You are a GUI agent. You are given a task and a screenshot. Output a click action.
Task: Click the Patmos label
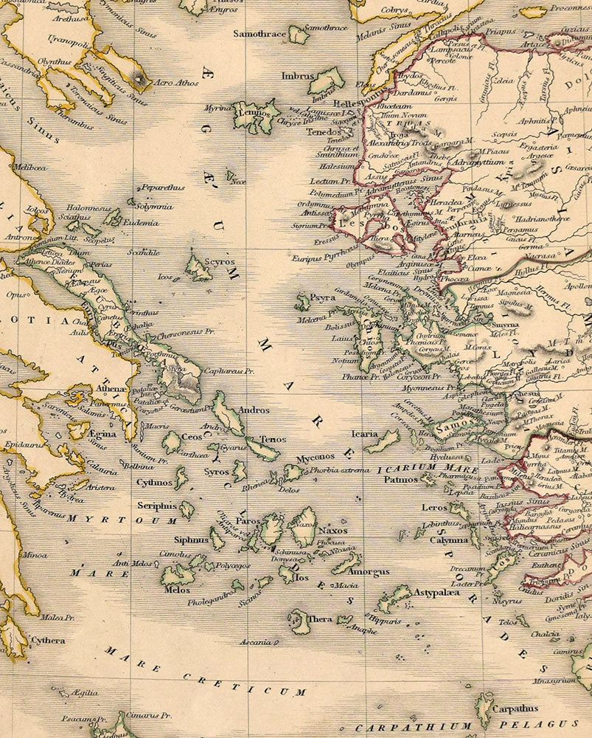pyautogui.click(x=401, y=480)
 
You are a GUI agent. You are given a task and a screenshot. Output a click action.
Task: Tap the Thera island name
pyautogui.click(x=321, y=619)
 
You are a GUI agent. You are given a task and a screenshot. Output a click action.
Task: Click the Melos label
pyautogui.click(x=177, y=590)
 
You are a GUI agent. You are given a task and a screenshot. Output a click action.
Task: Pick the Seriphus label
pyautogui.click(x=157, y=506)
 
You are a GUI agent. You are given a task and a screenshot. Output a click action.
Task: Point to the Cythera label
pyautogui.click(x=48, y=641)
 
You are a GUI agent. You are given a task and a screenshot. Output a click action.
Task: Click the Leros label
pyautogui.click(x=434, y=508)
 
